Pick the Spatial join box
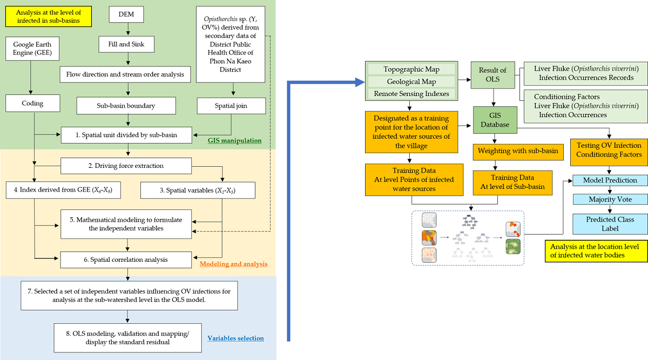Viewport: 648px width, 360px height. coord(231,105)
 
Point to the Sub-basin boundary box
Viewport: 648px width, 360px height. coord(126,105)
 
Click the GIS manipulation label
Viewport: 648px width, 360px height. coord(234,140)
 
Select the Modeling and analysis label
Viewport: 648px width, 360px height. coord(233,264)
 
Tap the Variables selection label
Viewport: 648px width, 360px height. coord(235,338)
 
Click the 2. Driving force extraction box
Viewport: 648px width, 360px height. coord(126,166)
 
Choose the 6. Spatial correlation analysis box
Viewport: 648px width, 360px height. coord(126,259)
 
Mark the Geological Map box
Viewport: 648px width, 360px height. coord(411,81)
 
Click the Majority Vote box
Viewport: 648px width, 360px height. coord(610,200)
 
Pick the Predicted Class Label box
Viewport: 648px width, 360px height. coord(610,224)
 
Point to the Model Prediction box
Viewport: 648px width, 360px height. coord(610,180)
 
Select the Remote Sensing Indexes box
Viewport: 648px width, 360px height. coord(411,94)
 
